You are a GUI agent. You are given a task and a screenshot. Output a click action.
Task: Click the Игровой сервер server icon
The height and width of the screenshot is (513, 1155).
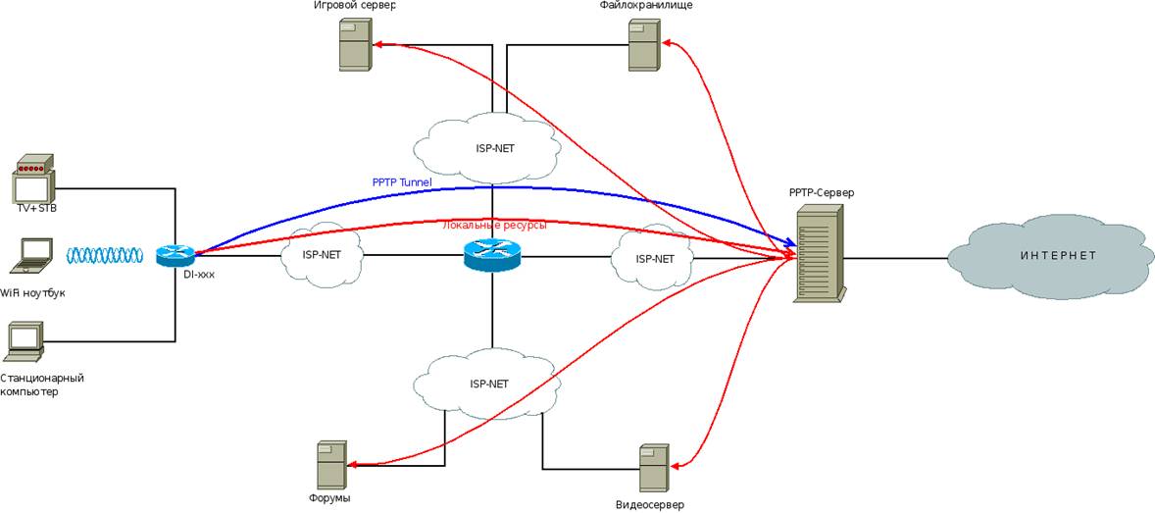click(354, 45)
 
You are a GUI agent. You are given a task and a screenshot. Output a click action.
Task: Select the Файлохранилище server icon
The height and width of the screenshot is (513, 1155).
click(644, 45)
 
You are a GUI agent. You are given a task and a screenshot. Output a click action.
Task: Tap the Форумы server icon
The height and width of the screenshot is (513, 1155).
click(331, 465)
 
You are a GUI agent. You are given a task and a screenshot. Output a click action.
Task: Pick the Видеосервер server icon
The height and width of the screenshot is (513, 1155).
click(654, 469)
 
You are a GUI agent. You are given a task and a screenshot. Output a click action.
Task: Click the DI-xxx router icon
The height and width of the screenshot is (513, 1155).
click(176, 256)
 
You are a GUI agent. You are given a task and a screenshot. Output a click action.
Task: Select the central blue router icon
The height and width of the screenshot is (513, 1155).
click(492, 256)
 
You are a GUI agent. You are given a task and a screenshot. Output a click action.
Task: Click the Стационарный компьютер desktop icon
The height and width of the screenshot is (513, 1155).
click(25, 339)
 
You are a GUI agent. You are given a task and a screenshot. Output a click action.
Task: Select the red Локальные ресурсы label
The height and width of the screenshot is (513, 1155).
click(495, 225)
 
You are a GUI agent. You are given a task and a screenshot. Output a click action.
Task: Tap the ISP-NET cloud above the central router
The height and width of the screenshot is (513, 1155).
click(488, 148)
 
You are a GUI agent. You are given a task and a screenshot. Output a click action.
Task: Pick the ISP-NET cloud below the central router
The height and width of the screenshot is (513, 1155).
click(488, 384)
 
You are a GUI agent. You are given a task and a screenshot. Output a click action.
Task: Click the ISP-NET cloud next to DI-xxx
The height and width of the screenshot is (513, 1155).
click(322, 255)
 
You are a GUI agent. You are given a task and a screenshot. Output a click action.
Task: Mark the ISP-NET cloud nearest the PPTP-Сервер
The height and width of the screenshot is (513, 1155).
click(653, 258)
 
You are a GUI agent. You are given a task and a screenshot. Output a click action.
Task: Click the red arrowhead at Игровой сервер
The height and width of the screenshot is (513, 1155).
click(377, 44)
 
